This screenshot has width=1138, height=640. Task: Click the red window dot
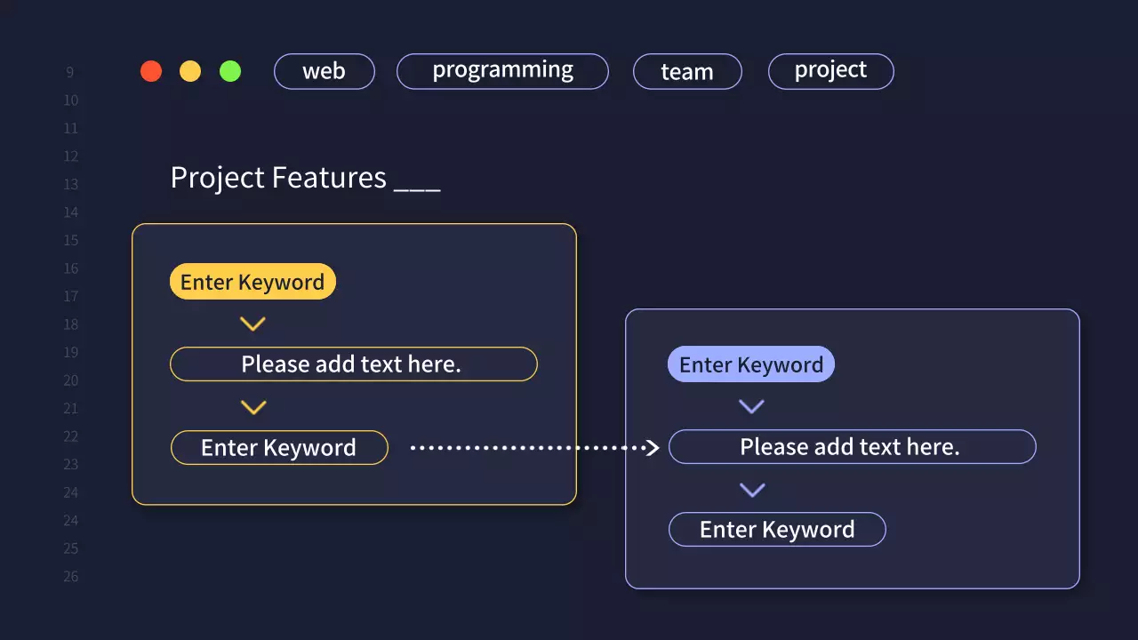pos(151,71)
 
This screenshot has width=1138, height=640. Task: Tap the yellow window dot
pos(190,71)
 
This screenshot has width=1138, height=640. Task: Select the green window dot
pos(230,71)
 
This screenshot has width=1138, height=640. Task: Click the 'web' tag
pos(324,71)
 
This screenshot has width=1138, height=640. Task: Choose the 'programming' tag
pos(502,71)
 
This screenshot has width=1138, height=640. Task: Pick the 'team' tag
pos(687,72)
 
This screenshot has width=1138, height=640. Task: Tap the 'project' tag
pos(830,71)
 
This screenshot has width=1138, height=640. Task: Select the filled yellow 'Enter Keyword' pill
pos(252,282)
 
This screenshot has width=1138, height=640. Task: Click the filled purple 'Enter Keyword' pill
pos(751,364)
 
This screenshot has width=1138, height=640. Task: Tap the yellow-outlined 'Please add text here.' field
pos(353,364)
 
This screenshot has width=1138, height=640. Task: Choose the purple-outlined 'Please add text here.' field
pos(852,446)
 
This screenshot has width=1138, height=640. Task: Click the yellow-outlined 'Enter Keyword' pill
pos(279,447)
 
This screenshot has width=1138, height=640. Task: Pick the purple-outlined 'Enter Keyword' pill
pos(777,530)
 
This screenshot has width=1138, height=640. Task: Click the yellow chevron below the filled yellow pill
pos(253,324)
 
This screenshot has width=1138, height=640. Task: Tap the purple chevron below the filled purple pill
pos(752,407)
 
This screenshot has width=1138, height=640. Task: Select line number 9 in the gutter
pos(70,73)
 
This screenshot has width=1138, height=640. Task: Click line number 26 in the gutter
pos(70,577)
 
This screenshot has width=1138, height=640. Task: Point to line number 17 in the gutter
pos(70,297)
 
